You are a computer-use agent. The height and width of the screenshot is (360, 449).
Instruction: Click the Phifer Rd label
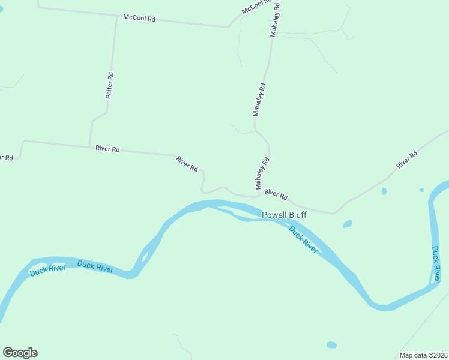pos(109,85)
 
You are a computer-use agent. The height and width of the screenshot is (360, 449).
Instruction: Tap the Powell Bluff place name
pos(285,215)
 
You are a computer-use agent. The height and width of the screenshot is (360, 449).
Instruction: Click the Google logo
pos(20,353)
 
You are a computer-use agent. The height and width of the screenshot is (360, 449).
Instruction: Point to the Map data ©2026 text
pos(423,355)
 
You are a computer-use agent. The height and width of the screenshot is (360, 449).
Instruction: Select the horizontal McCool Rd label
pos(139,19)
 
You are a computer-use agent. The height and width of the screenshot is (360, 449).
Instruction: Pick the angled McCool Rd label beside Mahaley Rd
pos(255,7)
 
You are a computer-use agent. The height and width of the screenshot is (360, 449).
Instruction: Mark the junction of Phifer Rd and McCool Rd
pos(116,16)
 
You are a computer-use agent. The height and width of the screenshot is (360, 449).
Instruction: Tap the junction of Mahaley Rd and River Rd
pos(259,196)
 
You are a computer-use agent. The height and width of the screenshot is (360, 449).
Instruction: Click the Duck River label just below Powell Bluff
pos(303,239)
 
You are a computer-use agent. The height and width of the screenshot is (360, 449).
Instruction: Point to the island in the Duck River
pos(144,257)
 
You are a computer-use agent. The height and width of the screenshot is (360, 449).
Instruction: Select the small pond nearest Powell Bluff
pos(347,224)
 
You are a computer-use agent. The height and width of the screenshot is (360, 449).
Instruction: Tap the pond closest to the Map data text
pos(331,345)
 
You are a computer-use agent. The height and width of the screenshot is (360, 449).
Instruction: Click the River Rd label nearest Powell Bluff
pos(276,194)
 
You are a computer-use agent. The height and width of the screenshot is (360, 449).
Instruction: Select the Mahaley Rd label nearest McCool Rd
pos(275,19)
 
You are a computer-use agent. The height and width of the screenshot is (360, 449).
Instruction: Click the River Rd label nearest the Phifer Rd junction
pos(107,148)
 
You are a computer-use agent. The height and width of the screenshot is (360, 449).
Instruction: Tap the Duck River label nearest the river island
pos(95,266)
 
